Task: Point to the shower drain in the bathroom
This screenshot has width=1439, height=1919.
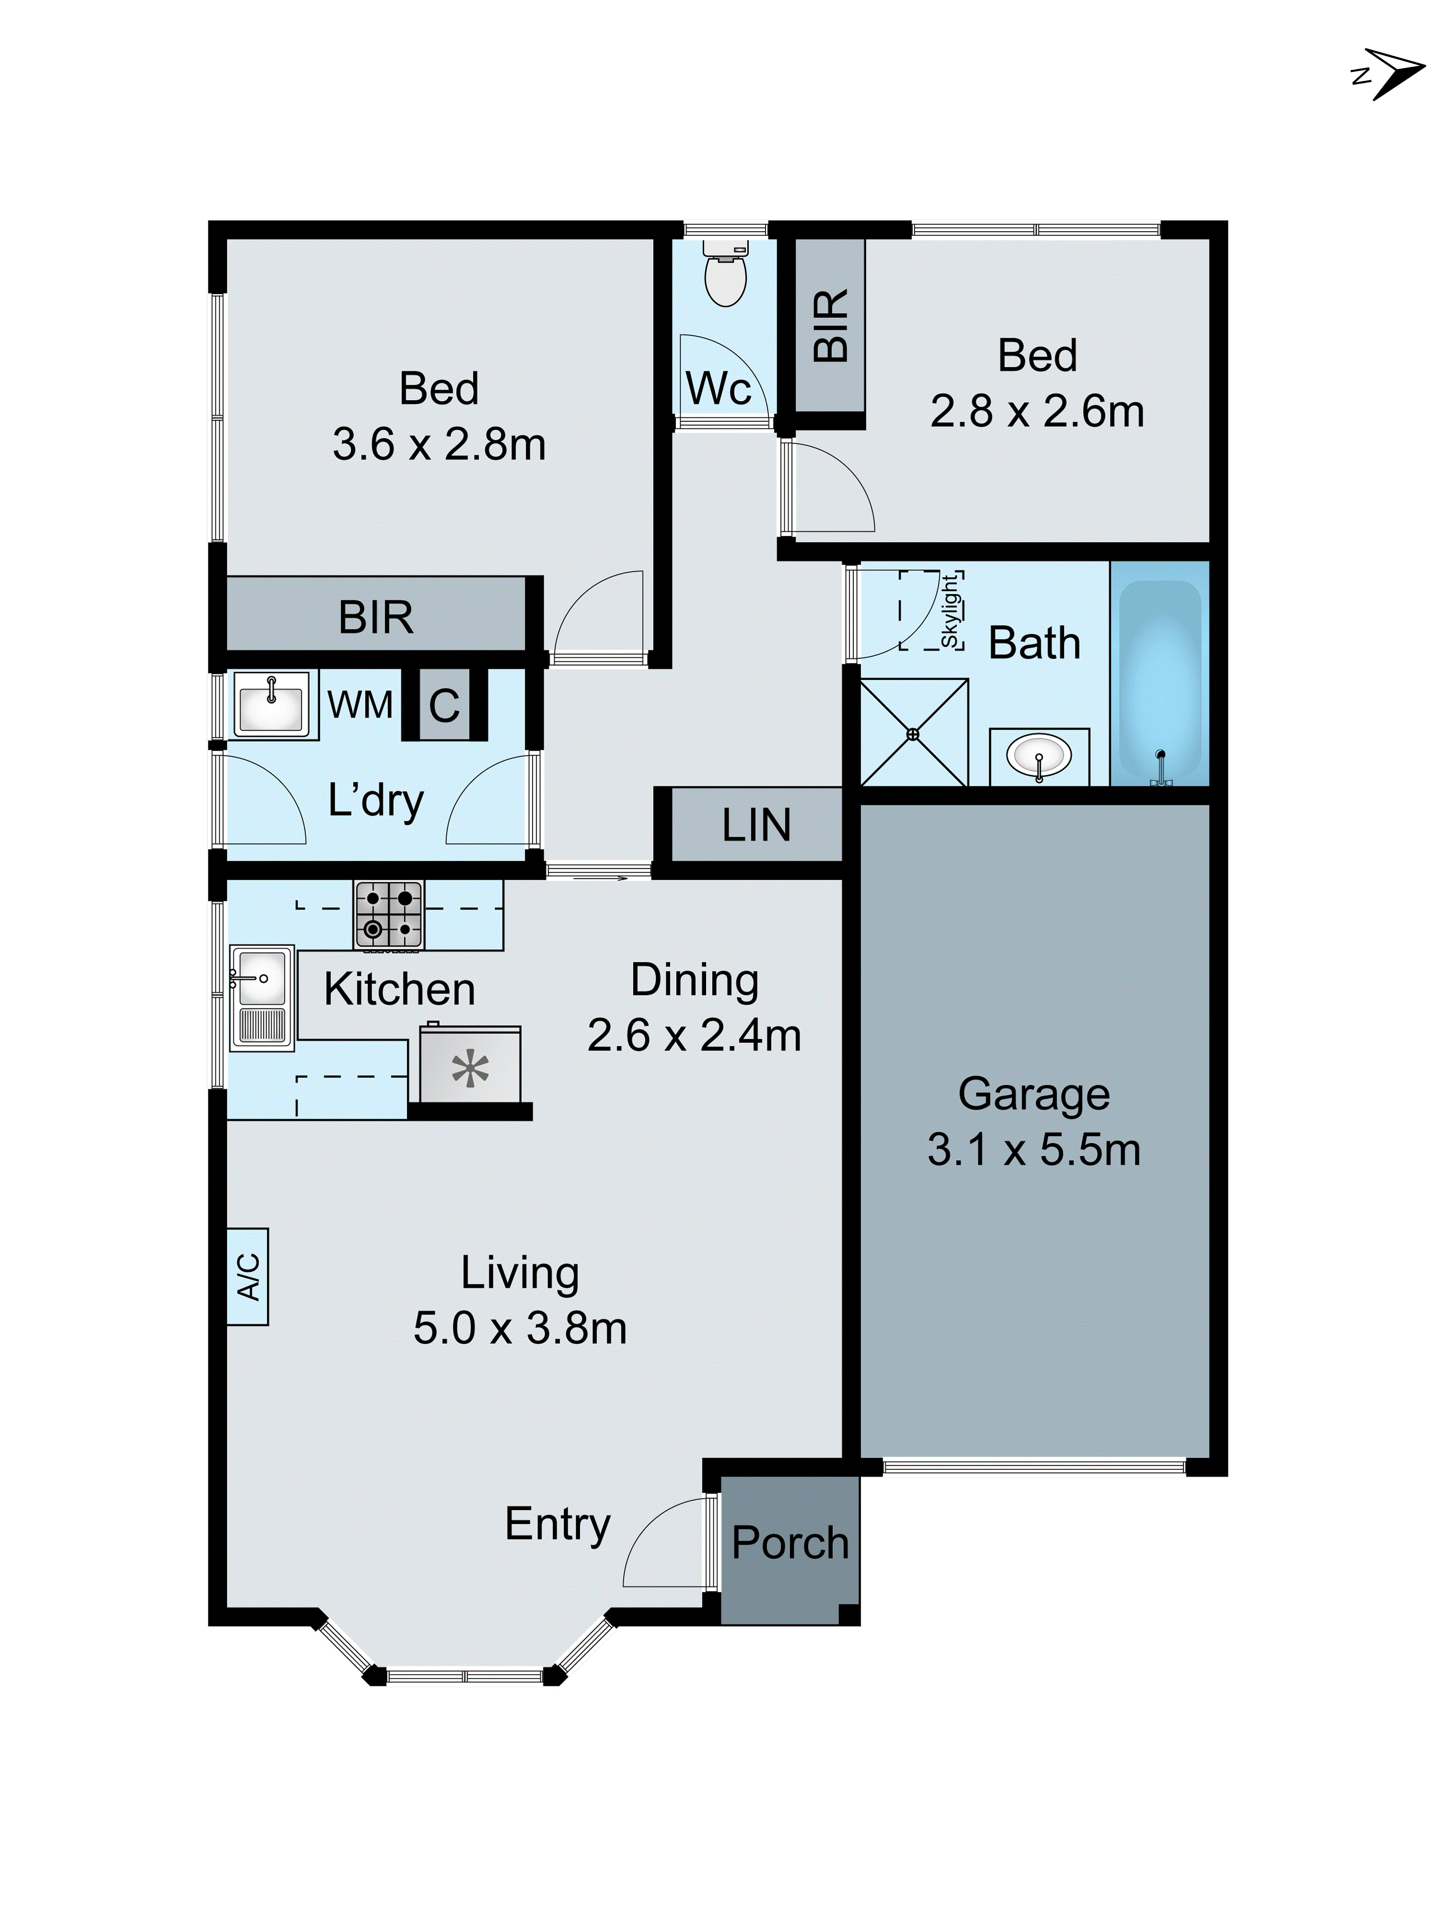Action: tap(912, 734)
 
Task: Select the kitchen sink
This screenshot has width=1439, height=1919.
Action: tap(260, 998)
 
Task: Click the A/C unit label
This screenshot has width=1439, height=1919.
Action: tap(248, 1276)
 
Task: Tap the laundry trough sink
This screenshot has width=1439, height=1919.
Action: tap(271, 704)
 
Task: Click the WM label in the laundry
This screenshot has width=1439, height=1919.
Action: tap(360, 704)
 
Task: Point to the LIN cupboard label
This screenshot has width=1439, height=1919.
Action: tap(756, 825)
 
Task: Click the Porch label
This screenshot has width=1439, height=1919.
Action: tap(790, 1542)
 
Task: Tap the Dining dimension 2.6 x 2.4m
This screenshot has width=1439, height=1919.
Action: tap(694, 1035)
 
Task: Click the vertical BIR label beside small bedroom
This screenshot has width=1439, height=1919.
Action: tap(830, 325)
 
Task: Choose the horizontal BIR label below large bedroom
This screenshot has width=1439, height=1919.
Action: tap(376, 617)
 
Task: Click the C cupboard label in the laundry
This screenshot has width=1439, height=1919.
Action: tap(444, 705)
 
